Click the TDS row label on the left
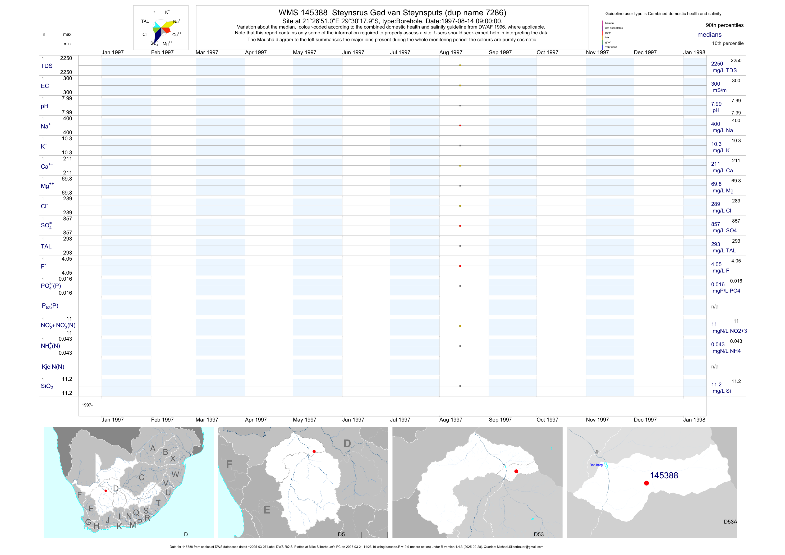47,66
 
